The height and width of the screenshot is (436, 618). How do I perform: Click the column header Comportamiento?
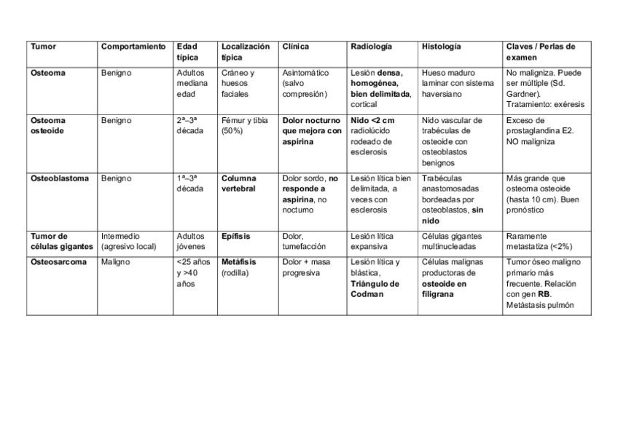click(133, 47)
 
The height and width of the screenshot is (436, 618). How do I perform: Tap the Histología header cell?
click(441, 47)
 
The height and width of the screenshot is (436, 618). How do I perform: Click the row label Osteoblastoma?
click(60, 178)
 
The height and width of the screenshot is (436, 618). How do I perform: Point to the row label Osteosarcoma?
click(58, 262)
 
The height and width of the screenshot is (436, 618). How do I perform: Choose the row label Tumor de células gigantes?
click(61, 241)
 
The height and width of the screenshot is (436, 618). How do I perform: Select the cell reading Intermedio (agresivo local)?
click(128, 241)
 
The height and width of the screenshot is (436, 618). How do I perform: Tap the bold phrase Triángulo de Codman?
click(375, 289)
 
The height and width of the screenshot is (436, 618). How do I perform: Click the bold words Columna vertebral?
click(239, 183)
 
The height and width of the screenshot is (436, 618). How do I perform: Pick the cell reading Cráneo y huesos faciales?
click(238, 83)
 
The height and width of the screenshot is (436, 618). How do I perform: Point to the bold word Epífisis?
click(235, 236)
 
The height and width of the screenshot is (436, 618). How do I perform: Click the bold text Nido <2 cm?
click(372, 121)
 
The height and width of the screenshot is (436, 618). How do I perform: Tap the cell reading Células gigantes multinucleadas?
click(452, 241)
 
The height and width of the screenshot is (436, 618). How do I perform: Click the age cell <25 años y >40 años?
click(193, 272)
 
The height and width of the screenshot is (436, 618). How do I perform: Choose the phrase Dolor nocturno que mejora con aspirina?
click(311, 131)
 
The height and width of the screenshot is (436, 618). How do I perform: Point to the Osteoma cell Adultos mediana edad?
click(192, 83)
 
